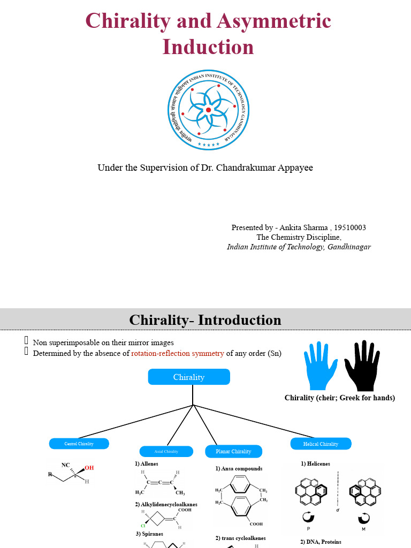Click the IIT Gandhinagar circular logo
[209, 111]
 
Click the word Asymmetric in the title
[275, 21]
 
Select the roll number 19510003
[350, 227]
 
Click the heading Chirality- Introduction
[205, 320]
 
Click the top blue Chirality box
[189, 377]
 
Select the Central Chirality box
[79, 444]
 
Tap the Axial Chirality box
[166, 451]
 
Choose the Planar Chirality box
[233, 452]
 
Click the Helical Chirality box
[321, 444]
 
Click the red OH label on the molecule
[89, 468]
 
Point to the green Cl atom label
[143, 526]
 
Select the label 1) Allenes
[147, 463]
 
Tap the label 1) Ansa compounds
[239, 468]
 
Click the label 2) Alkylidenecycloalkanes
[166, 504]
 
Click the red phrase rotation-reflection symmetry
[178, 353]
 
